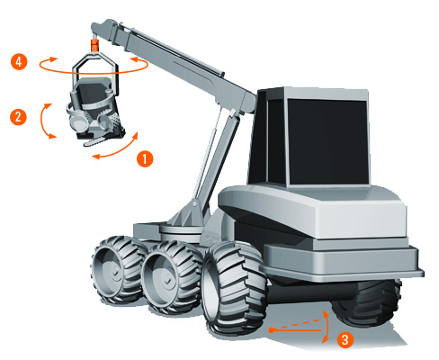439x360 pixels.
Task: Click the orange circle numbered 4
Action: coord(19,62)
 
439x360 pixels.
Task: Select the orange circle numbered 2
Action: coord(18,116)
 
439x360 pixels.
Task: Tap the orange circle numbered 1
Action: coord(145,158)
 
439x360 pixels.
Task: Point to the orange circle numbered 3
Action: coord(345,339)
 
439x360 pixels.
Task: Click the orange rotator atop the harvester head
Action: coord(94,46)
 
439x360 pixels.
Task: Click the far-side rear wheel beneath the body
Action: coord(366,303)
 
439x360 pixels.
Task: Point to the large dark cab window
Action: coord(327,141)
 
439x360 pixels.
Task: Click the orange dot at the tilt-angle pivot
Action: coord(271,330)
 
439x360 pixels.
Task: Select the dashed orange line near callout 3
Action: coord(297,325)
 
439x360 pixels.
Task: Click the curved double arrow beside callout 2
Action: coord(42,121)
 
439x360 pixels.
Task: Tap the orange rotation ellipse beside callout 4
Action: coord(94,72)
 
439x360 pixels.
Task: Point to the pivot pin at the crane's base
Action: coord(195,204)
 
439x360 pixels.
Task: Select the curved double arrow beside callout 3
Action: coord(327,327)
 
